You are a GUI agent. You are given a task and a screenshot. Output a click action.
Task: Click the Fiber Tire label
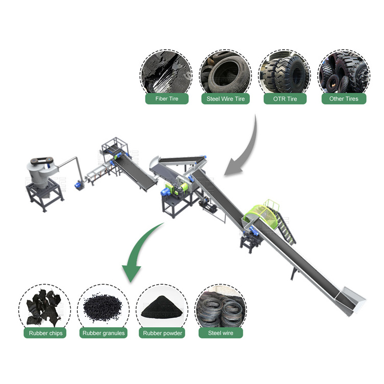[x=167, y=99]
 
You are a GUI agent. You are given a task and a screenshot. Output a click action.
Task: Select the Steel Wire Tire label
[x=226, y=99]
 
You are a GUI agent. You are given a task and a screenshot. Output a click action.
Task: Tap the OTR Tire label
[x=285, y=99]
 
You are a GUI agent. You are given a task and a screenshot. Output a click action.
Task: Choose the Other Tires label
[x=344, y=99]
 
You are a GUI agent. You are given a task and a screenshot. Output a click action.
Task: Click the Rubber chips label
[x=45, y=333]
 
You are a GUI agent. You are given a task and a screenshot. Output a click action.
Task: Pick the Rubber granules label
[x=103, y=333]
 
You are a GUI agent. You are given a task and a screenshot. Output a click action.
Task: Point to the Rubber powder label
[x=162, y=333]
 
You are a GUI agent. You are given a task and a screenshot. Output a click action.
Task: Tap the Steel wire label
[x=221, y=333]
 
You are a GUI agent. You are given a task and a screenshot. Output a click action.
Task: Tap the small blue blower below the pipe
[x=79, y=184]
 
